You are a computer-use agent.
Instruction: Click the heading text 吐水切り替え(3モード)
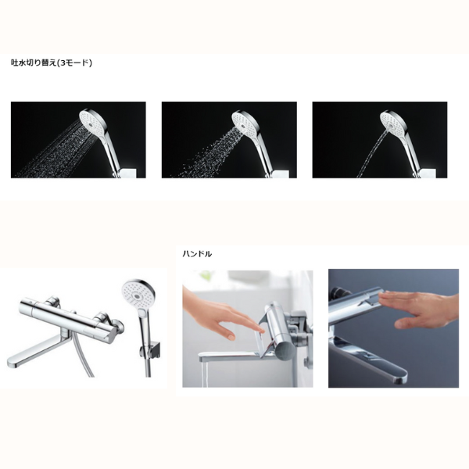[52, 63]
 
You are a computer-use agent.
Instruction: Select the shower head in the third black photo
[393, 121]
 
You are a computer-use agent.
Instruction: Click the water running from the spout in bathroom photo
[201, 374]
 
